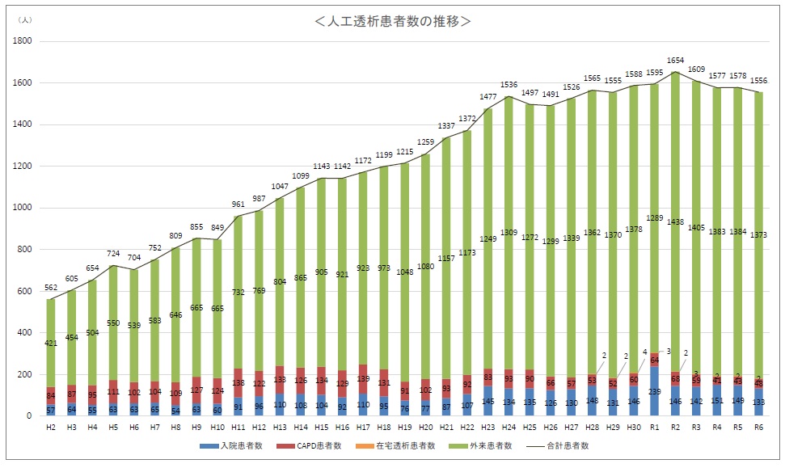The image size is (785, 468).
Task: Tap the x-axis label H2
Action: [x=50, y=427]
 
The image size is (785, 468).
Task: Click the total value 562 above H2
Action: [x=50, y=289]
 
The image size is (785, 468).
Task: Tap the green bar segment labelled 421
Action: [x=50, y=344]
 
